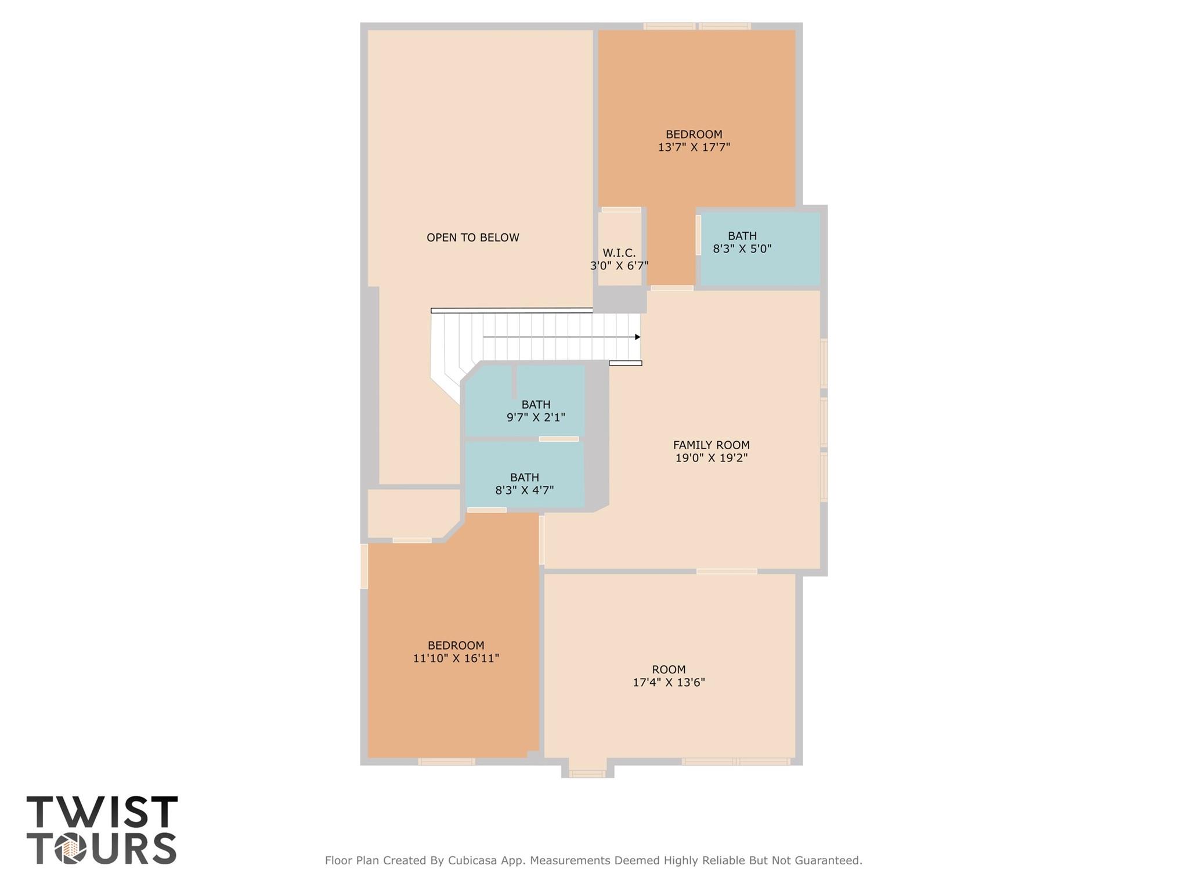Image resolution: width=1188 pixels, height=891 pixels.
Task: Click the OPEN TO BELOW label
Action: tap(472, 237)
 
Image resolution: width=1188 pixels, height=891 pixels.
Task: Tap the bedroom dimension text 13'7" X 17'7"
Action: tap(694, 147)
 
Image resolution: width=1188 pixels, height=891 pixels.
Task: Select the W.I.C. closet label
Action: tap(619, 253)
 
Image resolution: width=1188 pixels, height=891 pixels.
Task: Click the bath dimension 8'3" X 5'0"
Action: tap(742, 249)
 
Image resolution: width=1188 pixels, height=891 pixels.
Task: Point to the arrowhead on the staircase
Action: tap(637, 337)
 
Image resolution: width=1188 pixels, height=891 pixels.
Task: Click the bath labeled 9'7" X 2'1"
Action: tap(536, 411)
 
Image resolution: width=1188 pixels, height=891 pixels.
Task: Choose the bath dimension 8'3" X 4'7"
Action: tap(524, 490)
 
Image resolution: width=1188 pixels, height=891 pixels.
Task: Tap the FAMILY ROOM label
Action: tap(711, 445)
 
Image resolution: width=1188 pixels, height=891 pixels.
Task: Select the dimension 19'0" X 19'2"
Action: tap(711, 458)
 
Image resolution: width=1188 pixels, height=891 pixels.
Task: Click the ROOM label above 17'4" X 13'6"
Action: tap(669, 669)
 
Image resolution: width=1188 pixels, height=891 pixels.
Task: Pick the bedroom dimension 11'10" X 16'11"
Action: tap(456, 659)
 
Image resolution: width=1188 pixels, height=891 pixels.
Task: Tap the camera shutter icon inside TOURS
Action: tap(71, 849)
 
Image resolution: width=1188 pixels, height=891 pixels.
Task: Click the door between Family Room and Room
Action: tap(727, 572)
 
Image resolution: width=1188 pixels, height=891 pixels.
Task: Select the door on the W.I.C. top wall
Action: tap(621, 210)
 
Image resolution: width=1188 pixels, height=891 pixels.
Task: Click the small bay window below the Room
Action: tap(587, 773)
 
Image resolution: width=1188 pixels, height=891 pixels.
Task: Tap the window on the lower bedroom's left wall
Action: tap(364, 566)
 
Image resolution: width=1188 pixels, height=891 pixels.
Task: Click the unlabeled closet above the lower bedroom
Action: tap(409, 513)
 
